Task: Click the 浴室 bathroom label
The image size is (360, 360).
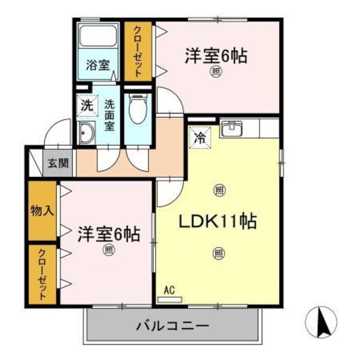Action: point(98,65)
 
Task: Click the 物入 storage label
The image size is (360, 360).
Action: point(42,211)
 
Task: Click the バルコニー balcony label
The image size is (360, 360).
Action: point(173,326)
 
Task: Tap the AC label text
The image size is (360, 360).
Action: point(169,291)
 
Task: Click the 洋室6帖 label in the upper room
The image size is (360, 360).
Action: point(216,57)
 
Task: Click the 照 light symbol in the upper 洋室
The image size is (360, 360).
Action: point(216,72)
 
